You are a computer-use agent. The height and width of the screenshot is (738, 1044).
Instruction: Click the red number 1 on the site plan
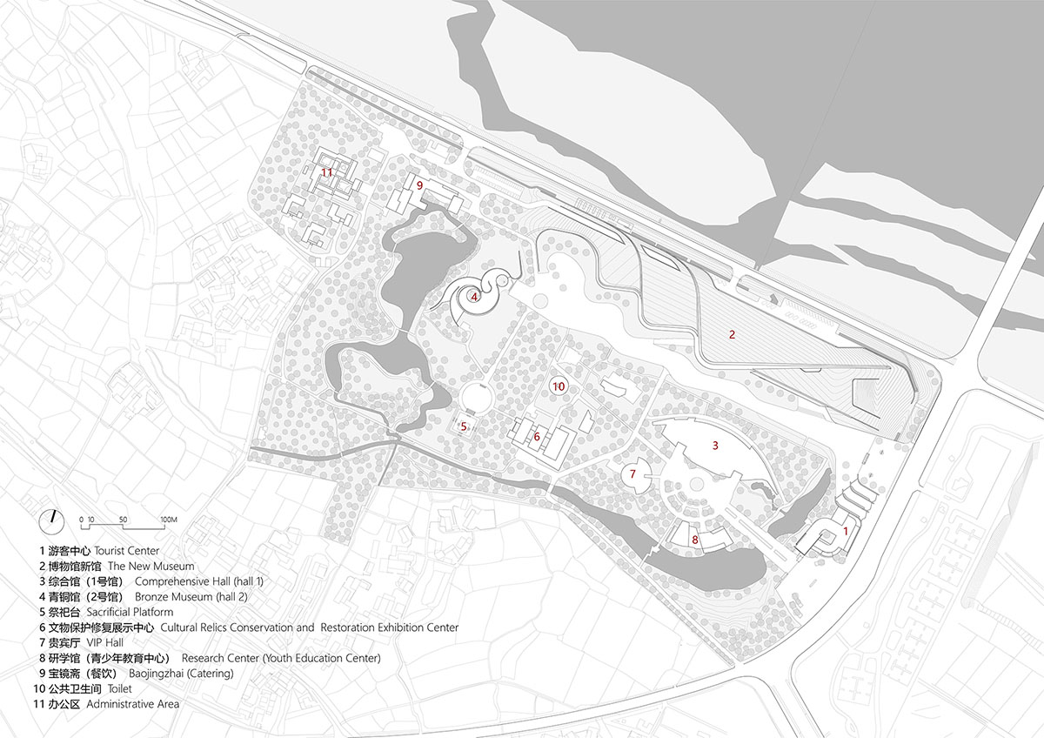(846, 530)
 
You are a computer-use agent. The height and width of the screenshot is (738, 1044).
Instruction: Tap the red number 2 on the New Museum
(733, 334)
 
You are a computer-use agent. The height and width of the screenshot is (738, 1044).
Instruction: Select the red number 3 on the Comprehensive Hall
(715, 446)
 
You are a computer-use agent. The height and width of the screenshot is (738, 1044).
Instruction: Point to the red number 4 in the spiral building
(474, 297)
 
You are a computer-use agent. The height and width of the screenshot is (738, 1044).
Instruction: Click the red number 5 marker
(464, 426)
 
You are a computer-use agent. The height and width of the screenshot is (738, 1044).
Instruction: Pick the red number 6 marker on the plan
(537, 437)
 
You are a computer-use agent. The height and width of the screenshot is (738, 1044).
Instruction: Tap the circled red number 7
(633, 474)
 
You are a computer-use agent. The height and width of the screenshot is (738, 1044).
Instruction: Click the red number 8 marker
(694, 540)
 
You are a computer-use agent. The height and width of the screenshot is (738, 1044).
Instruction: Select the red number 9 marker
(419, 185)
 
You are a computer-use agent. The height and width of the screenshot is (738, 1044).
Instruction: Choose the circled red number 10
(559, 386)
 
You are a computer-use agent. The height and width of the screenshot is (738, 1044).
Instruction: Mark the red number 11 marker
(326, 172)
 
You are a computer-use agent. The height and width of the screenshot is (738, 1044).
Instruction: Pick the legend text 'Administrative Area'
(133, 703)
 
